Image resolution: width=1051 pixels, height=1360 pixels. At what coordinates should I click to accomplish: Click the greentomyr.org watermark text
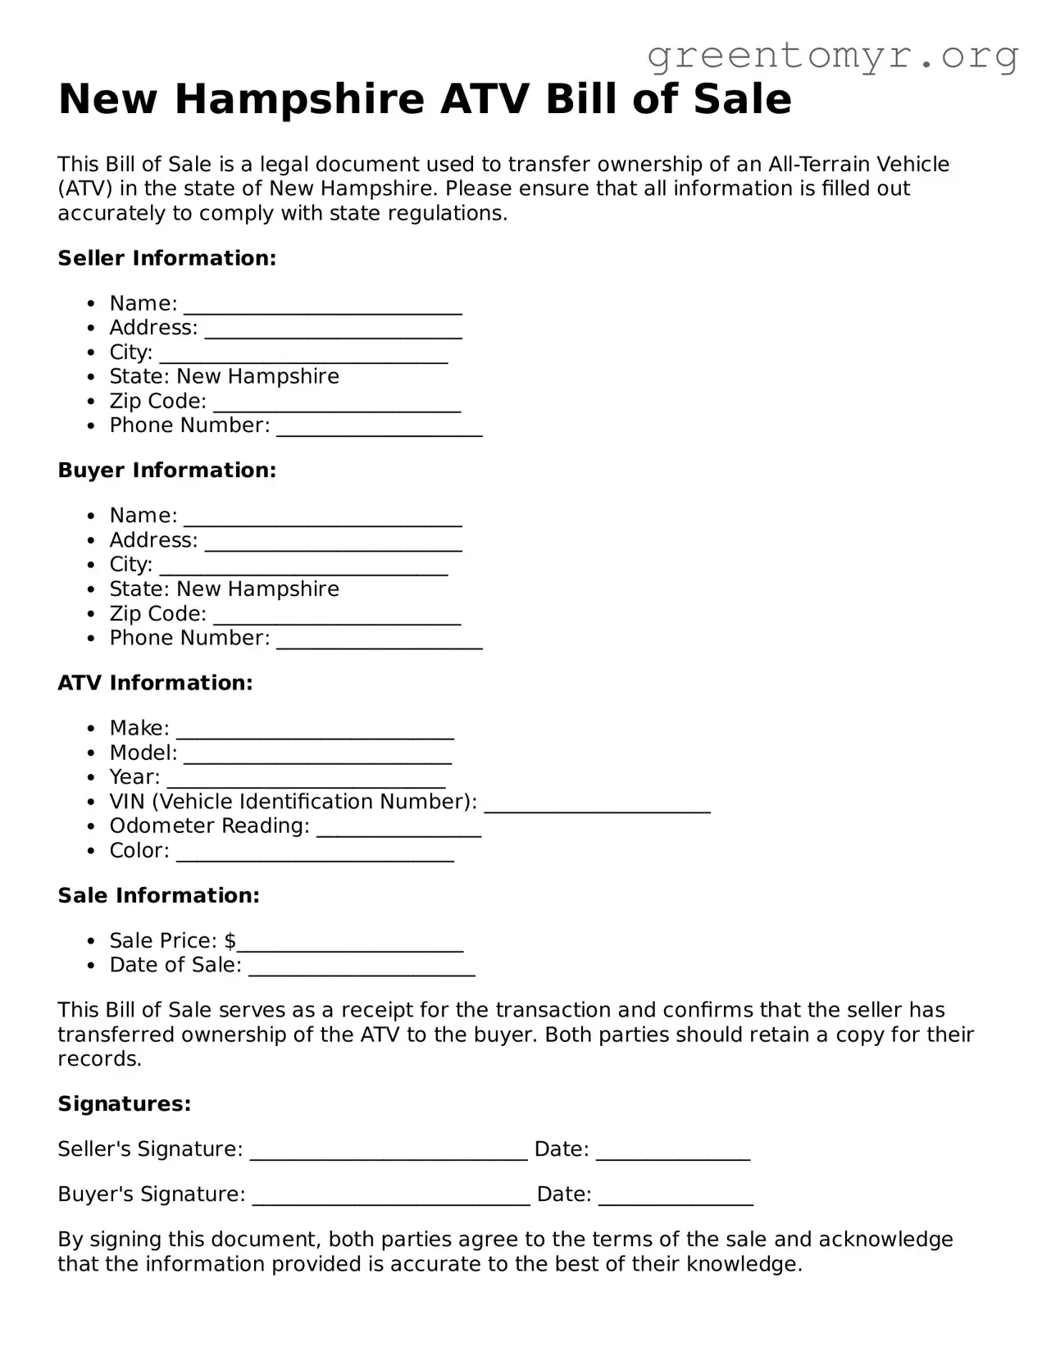(x=832, y=56)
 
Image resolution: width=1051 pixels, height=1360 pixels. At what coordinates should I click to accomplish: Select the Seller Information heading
(x=166, y=258)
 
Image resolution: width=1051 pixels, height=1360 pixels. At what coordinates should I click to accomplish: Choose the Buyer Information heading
(x=166, y=471)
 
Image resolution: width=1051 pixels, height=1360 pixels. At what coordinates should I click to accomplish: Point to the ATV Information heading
(x=155, y=683)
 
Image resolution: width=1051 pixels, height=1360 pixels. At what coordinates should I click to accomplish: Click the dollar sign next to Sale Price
(x=230, y=940)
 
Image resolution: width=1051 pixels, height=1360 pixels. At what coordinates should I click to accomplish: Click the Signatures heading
(x=124, y=1104)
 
